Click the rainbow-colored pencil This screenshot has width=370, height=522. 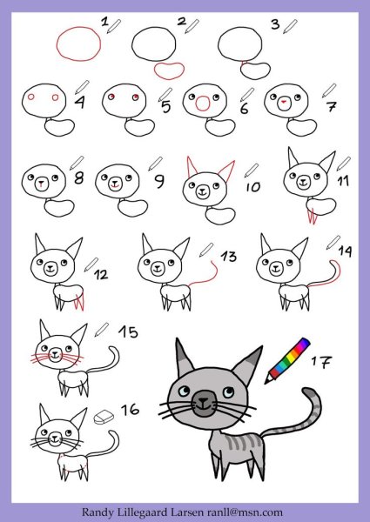tap(287, 360)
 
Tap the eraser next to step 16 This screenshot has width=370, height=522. tap(104, 417)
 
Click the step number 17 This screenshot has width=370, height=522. tap(322, 362)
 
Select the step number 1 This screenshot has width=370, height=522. tap(104, 22)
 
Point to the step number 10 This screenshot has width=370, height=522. tap(253, 187)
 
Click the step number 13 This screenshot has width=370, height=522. tap(228, 257)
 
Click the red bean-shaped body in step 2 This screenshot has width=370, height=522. tap(169, 71)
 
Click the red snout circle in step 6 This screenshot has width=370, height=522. tap(203, 104)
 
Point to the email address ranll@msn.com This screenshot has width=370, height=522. tap(245, 512)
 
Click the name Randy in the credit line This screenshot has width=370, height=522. tap(98, 512)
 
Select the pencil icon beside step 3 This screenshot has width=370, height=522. tap(290, 26)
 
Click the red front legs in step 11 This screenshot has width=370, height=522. tap(312, 216)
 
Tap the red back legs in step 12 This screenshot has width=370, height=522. tap(79, 302)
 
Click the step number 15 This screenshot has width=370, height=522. tap(128, 332)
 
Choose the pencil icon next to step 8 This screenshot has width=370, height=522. tap(77, 163)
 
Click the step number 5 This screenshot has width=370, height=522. tap(166, 107)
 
